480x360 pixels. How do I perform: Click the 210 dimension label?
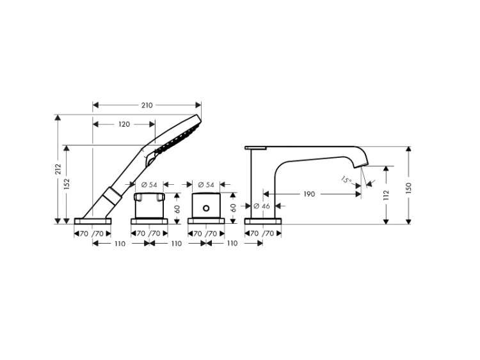(x=147, y=106)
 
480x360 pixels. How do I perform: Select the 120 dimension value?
(x=124, y=124)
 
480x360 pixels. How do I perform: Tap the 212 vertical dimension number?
(x=58, y=169)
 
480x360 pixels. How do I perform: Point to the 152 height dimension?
(x=67, y=184)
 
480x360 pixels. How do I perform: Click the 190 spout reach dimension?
(x=309, y=194)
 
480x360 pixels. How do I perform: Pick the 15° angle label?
(x=346, y=180)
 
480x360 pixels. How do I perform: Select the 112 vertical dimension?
(x=386, y=196)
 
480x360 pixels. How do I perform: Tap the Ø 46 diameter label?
(x=261, y=206)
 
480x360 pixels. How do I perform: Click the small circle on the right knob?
(x=206, y=208)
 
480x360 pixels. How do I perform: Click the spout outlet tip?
(x=362, y=166)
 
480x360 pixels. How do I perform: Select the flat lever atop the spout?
(x=255, y=148)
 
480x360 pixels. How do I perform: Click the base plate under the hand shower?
(x=93, y=221)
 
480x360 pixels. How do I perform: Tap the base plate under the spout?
(x=262, y=221)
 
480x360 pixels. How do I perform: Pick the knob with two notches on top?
(x=149, y=205)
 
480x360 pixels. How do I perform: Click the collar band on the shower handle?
(x=112, y=196)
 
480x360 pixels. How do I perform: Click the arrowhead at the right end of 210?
(x=198, y=106)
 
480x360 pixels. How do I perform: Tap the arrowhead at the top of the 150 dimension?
(x=409, y=150)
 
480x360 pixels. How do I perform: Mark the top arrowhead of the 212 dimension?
(x=58, y=118)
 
